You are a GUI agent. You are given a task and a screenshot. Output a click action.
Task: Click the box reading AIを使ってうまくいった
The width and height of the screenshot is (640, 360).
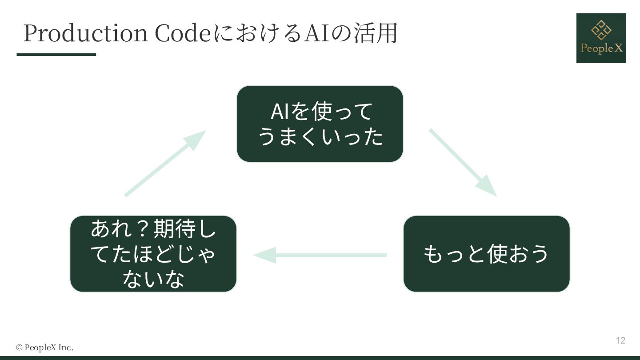pyautogui.click(x=320, y=124)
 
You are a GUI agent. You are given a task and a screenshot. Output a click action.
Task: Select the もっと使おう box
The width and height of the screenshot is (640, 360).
pyautogui.click(x=486, y=254)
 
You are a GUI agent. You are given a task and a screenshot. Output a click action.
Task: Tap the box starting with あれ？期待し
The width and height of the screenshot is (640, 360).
pyautogui.click(x=153, y=254)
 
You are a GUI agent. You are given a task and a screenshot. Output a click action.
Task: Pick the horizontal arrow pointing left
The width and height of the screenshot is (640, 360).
pyautogui.click(x=320, y=255)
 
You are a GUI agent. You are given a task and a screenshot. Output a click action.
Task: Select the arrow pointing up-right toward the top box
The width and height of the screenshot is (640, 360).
pyautogui.click(x=165, y=163)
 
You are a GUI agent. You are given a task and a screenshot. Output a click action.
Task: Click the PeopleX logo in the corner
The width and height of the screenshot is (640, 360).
pyautogui.click(x=601, y=38)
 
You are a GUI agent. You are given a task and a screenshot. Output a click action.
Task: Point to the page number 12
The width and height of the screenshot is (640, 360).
pyautogui.click(x=620, y=340)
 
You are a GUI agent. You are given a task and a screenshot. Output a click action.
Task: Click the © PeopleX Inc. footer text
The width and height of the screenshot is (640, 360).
pyautogui.click(x=44, y=348)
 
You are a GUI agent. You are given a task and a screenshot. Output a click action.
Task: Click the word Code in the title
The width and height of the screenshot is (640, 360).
pyautogui.click(x=182, y=33)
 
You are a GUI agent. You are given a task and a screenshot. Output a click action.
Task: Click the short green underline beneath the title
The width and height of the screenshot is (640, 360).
pyautogui.click(x=56, y=55)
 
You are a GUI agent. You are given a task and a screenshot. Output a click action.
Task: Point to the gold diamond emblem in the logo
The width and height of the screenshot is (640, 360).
pyautogui.click(x=601, y=30)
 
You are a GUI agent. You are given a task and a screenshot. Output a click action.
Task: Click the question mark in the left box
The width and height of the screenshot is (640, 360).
pyautogui.click(x=137, y=230)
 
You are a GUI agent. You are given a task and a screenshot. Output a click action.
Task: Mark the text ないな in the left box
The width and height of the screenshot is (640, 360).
pyautogui.click(x=153, y=279)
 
